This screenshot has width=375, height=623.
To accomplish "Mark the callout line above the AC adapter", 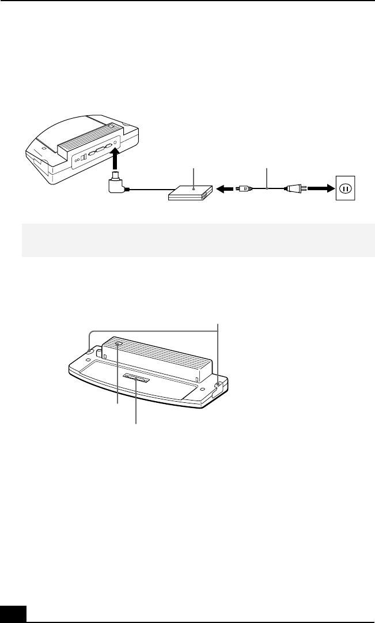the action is (194, 176).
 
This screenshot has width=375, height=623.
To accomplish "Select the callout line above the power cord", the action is (267, 176).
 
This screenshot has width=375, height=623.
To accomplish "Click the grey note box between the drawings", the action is (198, 240).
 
